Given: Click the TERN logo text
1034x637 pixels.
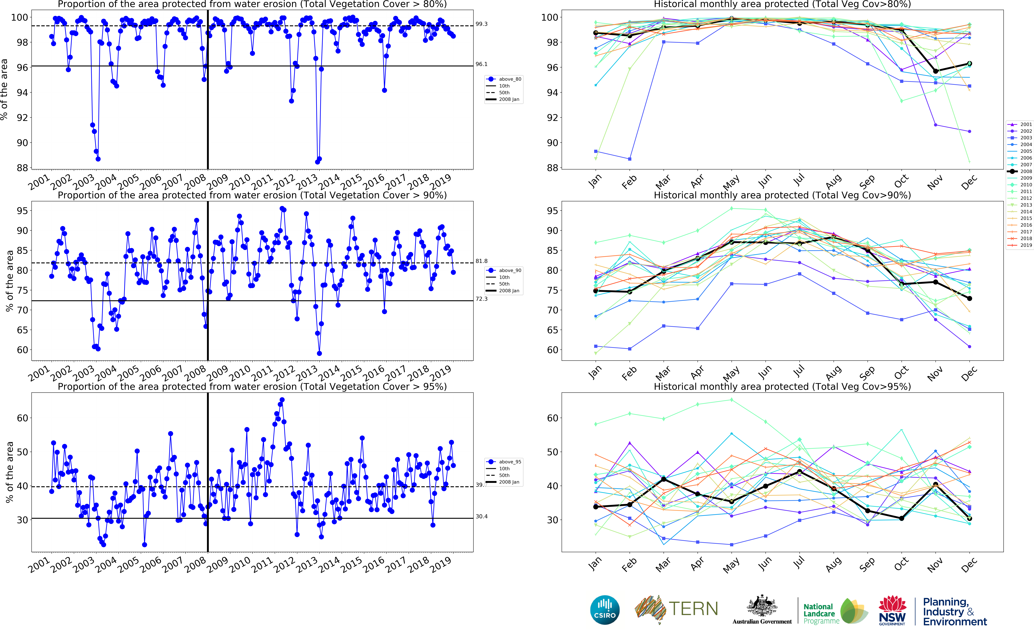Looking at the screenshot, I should (693, 609).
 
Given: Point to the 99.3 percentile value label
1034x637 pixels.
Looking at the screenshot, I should (481, 24).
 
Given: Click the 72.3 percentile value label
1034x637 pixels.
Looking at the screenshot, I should (481, 299).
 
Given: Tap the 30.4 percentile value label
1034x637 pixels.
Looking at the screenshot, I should (481, 517).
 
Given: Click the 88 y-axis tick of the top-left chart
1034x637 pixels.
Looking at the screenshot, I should (22, 168).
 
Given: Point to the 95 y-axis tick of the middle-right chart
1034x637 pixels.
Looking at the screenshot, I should (552, 211).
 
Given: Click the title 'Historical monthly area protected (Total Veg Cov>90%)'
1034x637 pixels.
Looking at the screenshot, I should (782, 195).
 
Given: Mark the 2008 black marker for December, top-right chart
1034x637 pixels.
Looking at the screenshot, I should (970, 64).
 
